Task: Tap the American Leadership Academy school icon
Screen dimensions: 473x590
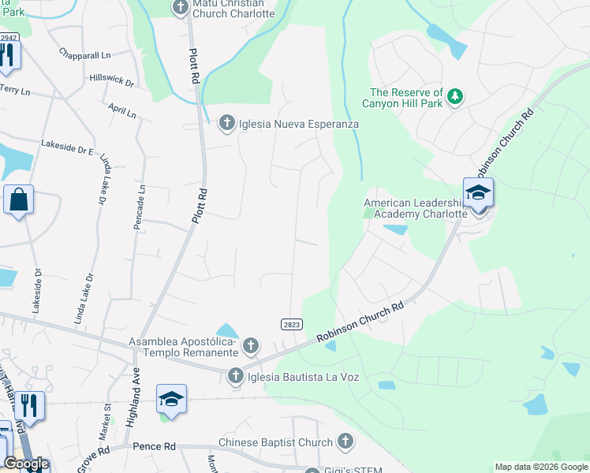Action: (478, 193)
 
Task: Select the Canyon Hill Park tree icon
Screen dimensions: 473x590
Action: (454, 97)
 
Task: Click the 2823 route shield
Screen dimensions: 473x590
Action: (291, 325)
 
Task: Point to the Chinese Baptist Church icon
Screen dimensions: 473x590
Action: (345, 441)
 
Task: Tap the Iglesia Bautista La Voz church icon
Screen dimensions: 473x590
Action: (235, 376)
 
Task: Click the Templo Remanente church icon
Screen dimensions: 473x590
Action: (250, 345)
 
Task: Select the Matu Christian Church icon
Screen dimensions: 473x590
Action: (180, 9)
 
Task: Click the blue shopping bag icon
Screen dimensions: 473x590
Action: (18, 200)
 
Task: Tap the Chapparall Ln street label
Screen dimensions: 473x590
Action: (86, 54)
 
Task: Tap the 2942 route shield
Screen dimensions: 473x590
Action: (9, 37)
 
